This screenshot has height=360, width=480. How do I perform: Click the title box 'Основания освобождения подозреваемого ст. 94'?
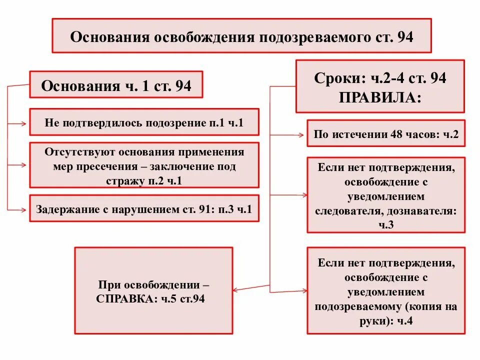coord(241,36)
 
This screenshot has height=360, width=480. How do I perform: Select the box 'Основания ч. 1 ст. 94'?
coord(116,85)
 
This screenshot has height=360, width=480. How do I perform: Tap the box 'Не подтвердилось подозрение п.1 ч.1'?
coord(144,122)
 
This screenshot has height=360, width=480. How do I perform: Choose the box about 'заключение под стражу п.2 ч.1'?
coord(144,165)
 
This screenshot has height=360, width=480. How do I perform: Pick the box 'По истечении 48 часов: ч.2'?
coord(386,133)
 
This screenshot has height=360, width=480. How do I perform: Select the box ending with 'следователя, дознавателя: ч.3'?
coord(386,195)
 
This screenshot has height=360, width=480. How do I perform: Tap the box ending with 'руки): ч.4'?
coord(386,290)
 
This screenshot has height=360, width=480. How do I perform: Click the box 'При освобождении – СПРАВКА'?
coord(153,290)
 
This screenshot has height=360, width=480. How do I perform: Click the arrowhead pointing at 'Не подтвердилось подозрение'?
coord(25,122)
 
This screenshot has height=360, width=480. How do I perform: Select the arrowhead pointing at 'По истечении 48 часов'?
coord(302,134)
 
